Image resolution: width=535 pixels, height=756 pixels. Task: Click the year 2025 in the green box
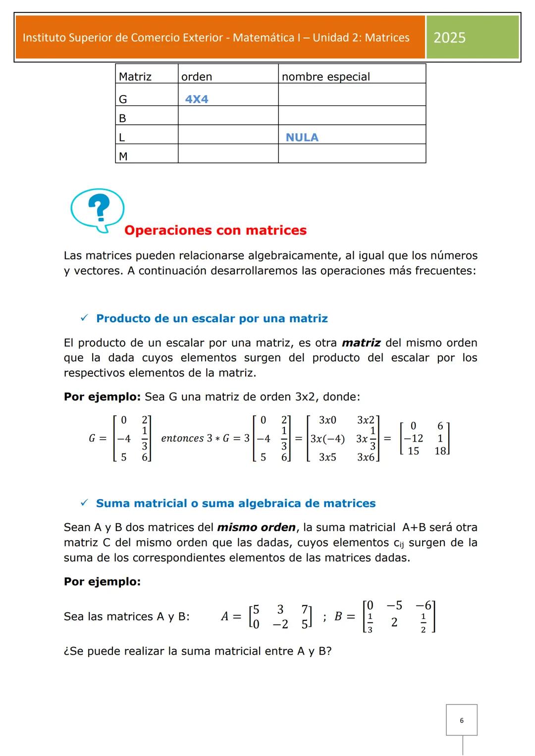click(449, 38)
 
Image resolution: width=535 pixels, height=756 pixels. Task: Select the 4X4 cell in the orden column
click(197, 99)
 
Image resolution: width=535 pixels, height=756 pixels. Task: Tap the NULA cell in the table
click(302, 137)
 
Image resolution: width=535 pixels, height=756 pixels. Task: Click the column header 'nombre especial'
click(325, 77)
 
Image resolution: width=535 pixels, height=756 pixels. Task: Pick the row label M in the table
click(123, 156)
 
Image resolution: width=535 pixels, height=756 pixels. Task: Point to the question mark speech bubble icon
click(98, 209)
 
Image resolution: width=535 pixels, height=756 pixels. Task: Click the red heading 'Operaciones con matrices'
click(215, 230)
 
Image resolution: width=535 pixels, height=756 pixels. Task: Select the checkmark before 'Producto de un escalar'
click(84, 318)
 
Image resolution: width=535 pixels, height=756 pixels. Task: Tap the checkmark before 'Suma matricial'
click(84, 503)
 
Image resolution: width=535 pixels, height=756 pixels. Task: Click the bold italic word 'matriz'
click(361, 343)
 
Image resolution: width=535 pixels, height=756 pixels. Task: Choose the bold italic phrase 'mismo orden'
click(256, 527)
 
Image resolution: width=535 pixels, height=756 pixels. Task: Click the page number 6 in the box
click(462, 720)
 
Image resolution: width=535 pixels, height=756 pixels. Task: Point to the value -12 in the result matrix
click(413, 439)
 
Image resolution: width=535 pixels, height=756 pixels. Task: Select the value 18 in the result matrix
click(440, 451)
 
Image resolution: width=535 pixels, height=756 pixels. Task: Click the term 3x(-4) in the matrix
click(327, 439)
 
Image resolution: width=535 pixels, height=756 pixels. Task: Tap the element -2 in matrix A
click(280, 624)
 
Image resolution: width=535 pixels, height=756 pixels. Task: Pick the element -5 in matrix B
click(394, 605)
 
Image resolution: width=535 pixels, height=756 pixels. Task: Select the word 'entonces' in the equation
click(182, 439)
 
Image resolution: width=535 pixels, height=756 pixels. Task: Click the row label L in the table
click(122, 137)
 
